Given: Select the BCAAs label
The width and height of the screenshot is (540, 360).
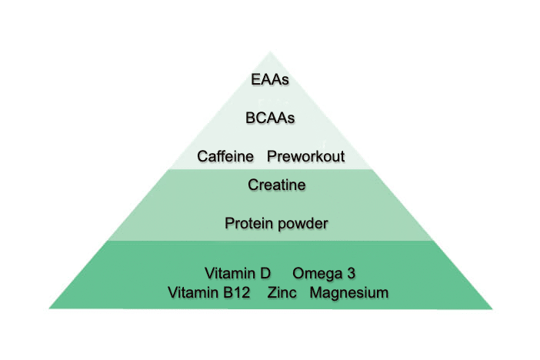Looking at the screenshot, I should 271,119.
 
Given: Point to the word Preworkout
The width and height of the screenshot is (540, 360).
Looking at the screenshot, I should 306,157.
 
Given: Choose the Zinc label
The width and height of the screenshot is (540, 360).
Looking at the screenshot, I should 282,292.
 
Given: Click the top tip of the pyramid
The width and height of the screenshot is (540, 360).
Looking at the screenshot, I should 271,52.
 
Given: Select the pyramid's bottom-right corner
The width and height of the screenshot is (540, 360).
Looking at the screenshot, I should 492,308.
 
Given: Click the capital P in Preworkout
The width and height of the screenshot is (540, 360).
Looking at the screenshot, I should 272,157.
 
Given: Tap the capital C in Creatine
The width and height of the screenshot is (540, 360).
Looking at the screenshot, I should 252,185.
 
